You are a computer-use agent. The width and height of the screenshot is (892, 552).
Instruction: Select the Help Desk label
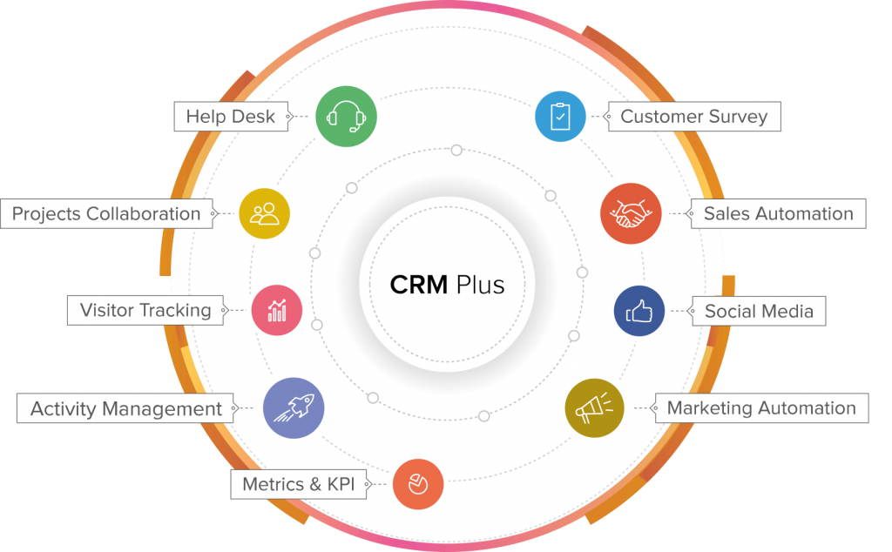tap(230, 117)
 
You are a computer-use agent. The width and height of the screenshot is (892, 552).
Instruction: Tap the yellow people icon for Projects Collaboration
tap(264, 213)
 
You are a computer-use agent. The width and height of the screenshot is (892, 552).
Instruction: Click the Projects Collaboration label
tap(106, 214)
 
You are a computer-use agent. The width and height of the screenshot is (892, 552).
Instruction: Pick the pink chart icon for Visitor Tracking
tap(277, 310)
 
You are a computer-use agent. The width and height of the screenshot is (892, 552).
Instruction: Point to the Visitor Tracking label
tap(145, 310)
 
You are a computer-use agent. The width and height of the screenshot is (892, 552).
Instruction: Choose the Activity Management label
tap(126, 408)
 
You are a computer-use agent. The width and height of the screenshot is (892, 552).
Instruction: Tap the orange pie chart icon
tap(418, 483)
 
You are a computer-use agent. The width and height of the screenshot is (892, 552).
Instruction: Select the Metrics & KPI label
tap(299, 484)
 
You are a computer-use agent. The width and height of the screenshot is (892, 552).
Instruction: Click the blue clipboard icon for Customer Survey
tap(560, 116)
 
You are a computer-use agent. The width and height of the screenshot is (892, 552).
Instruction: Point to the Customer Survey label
tap(693, 117)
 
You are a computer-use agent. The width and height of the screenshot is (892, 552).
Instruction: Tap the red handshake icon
tap(632, 213)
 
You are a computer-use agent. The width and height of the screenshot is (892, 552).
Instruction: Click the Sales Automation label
tap(778, 214)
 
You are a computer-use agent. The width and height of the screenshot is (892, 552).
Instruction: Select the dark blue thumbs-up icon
tap(639, 311)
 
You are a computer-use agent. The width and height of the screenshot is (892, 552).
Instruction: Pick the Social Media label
tap(759, 311)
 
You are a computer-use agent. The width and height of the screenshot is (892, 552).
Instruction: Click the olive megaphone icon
tap(594, 407)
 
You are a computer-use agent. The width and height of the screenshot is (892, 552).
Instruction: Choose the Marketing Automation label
tap(761, 407)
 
